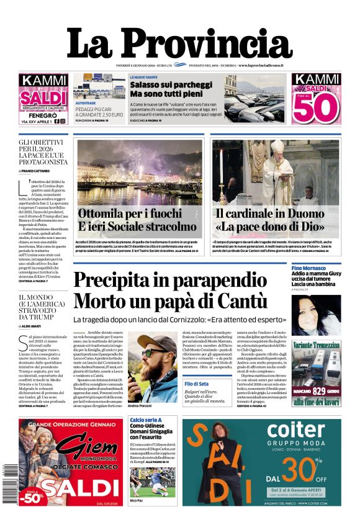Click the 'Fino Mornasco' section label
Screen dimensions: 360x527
309,267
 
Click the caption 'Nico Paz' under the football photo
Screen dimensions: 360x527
137,500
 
